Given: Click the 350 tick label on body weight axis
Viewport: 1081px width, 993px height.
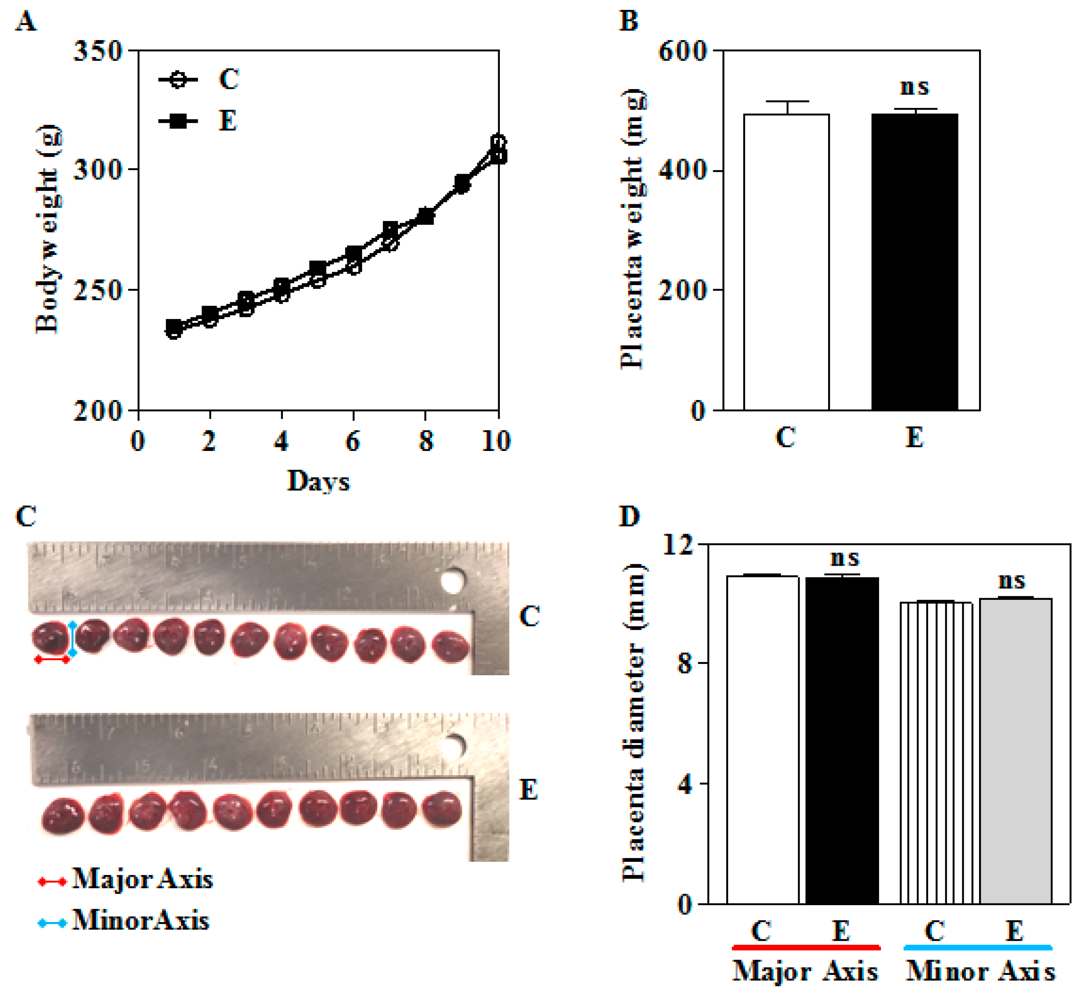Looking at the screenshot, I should [x=98, y=52].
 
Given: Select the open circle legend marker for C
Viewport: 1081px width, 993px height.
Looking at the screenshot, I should [x=178, y=80].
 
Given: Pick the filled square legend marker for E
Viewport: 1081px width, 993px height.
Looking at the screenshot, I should [x=178, y=122].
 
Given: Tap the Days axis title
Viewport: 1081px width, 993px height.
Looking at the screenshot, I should [x=318, y=481].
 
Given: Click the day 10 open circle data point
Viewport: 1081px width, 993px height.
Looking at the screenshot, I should [x=498, y=142].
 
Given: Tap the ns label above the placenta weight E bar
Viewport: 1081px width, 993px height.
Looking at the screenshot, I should [x=914, y=87].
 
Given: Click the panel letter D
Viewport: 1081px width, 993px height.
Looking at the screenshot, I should [x=629, y=516].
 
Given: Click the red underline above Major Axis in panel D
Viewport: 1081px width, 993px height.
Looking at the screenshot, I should [x=806, y=947].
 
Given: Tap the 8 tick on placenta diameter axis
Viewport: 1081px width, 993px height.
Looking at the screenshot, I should [x=684, y=663].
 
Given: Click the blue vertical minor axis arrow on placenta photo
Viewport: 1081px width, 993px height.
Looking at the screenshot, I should [x=73, y=638].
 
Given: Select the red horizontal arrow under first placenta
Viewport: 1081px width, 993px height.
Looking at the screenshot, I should [x=52, y=659].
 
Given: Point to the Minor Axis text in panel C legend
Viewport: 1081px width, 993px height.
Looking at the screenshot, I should [x=141, y=920].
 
